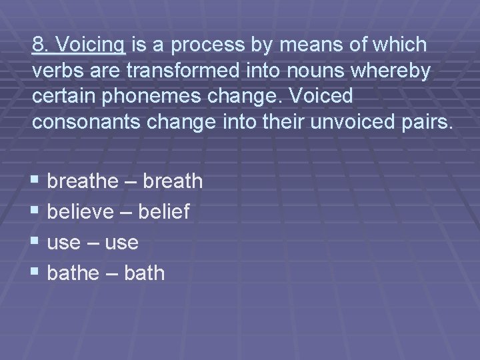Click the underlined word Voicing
tap(91, 45)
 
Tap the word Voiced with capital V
tap(319, 97)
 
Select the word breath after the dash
tap(171, 181)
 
